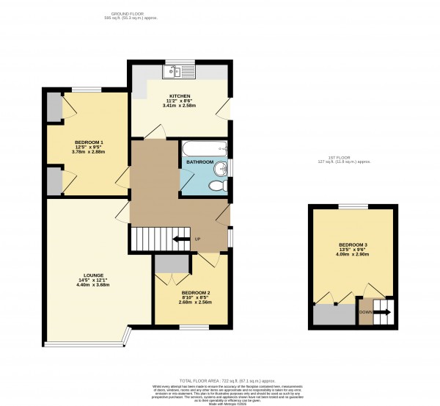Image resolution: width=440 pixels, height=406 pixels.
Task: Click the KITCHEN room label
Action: click(x=180, y=95)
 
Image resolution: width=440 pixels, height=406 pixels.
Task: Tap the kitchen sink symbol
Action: click(x=179, y=72)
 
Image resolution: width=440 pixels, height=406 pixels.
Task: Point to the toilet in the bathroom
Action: click(x=216, y=186)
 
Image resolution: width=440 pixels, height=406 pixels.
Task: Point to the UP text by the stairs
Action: click(x=198, y=239)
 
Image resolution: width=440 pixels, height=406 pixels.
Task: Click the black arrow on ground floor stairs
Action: click(x=180, y=239)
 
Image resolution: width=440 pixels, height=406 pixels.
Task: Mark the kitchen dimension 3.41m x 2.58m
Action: click(x=180, y=106)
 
